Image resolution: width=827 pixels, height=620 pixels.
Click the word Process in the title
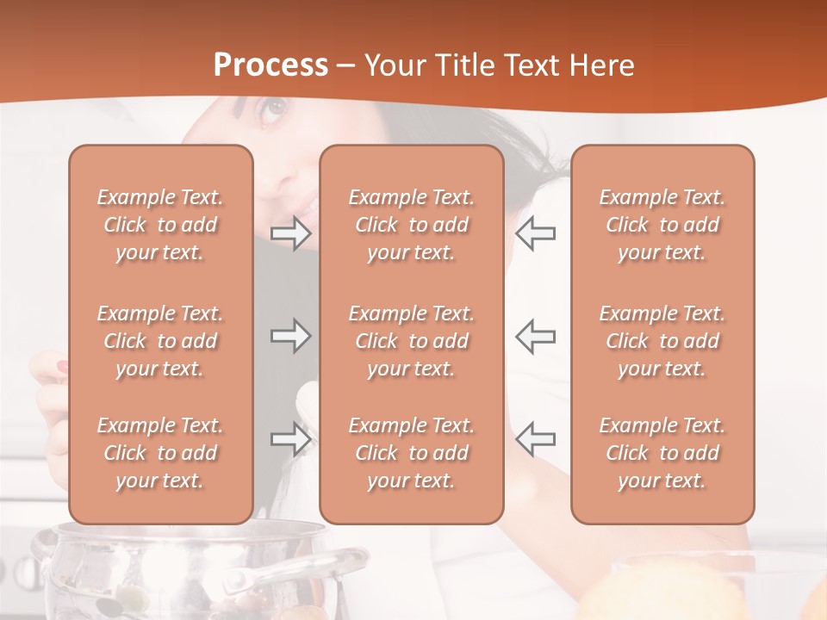270,65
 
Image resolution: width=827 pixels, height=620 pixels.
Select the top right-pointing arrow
290,233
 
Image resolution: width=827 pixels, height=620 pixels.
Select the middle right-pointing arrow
290,336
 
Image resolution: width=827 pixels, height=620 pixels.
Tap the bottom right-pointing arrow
290,439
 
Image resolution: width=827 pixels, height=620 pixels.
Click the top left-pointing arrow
536,233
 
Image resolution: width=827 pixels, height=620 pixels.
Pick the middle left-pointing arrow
536,336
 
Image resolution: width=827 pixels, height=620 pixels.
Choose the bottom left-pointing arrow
536,439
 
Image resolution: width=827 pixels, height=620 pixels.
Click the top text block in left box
160,225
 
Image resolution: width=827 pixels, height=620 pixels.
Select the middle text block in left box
160,341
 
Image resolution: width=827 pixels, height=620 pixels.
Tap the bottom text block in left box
160,453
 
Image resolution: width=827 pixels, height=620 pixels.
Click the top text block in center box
411,225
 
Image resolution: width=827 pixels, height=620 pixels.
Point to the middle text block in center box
411,341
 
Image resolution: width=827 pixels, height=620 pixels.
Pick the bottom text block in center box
411,453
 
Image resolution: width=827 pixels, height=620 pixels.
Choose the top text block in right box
662,225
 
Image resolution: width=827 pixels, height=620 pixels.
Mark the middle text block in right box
662,341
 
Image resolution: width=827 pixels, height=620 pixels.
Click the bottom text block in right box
662,453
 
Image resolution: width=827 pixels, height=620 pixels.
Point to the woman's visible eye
273,108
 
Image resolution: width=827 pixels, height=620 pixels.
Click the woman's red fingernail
62,367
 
